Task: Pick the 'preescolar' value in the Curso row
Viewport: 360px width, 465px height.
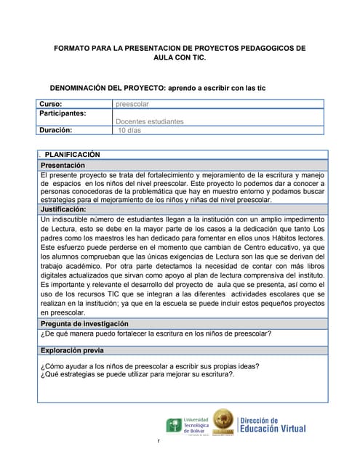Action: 132,104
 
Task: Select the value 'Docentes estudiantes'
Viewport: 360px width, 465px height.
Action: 150,122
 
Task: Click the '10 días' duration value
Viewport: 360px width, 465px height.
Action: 129,131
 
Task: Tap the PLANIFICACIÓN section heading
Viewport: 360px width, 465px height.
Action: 72,155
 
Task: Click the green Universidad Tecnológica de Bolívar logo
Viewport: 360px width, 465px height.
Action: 175,425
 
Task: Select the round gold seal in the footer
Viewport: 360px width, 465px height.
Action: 223,423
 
